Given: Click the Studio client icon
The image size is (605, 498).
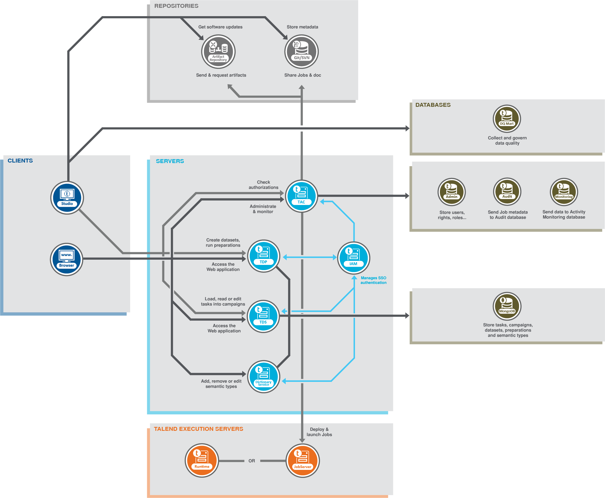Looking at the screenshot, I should pyautogui.click(x=67, y=198).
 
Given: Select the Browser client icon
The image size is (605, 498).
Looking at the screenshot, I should pyautogui.click(x=67, y=259).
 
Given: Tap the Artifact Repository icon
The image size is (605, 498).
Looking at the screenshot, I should pyautogui.click(x=218, y=52).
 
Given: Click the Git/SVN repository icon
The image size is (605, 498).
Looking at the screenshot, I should pyautogui.click(x=302, y=52).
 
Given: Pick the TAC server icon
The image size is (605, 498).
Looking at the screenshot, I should pyautogui.click(x=301, y=196).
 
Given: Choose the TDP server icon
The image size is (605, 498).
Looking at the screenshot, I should pyautogui.click(x=263, y=256).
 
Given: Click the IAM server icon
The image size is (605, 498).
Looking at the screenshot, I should pyautogui.click(x=353, y=258).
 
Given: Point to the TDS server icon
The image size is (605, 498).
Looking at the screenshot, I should pyautogui.click(x=263, y=316).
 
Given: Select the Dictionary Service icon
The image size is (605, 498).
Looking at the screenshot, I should pyautogui.click(x=263, y=376).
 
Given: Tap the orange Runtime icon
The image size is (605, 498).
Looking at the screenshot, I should pyautogui.click(x=202, y=460).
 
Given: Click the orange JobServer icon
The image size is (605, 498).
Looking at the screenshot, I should pyautogui.click(x=303, y=460).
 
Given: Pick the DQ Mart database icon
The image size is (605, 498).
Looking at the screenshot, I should pyautogui.click(x=507, y=119).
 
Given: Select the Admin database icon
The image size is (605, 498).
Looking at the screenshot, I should pyautogui.click(x=452, y=192).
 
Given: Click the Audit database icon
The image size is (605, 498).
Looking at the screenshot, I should pyautogui.click(x=507, y=192).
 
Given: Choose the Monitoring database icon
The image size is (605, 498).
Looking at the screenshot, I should pyautogui.click(x=564, y=192).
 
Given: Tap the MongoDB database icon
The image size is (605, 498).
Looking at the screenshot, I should pyautogui.click(x=507, y=306).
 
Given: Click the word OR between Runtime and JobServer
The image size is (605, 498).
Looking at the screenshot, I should pyautogui.click(x=252, y=461).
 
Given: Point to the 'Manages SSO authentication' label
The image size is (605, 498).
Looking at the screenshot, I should pyautogui.click(x=373, y=280).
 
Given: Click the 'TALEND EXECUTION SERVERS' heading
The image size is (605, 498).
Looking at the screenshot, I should pyautogui.click(x=198, y=429).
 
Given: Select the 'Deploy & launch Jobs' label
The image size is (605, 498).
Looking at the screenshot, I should pyautogui.click(x=319, y=432).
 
